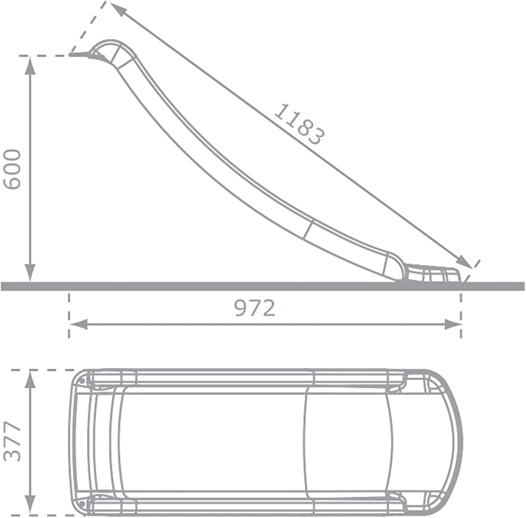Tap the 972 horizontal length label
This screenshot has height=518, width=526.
(x=255, y=309)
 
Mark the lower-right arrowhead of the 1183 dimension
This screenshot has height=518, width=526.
(x=465, y=262)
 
